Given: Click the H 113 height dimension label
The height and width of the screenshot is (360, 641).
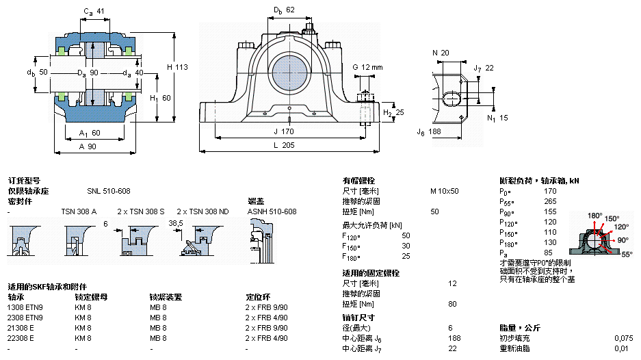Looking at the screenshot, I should pos(177,67).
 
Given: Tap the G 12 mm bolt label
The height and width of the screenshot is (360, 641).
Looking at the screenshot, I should pos(367,67).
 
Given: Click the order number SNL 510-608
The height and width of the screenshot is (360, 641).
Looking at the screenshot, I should pos(108,191).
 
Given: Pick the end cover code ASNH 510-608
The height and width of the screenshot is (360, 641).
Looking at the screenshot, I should pos(272,211).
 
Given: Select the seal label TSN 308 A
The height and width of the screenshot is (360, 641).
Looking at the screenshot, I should pos(79,211).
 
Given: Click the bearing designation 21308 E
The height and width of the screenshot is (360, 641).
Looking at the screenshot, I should pos(21,328).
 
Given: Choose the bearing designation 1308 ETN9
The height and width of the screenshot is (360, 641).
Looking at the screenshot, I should pos(25,307).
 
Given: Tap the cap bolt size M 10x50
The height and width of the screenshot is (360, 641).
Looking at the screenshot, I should pos(444,191).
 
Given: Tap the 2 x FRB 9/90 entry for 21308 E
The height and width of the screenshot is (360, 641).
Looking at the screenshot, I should pos(267,328).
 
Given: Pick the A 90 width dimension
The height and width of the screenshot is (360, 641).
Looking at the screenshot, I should pos(88,146).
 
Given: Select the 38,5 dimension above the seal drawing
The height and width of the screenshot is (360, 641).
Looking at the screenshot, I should pos(176,223).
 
